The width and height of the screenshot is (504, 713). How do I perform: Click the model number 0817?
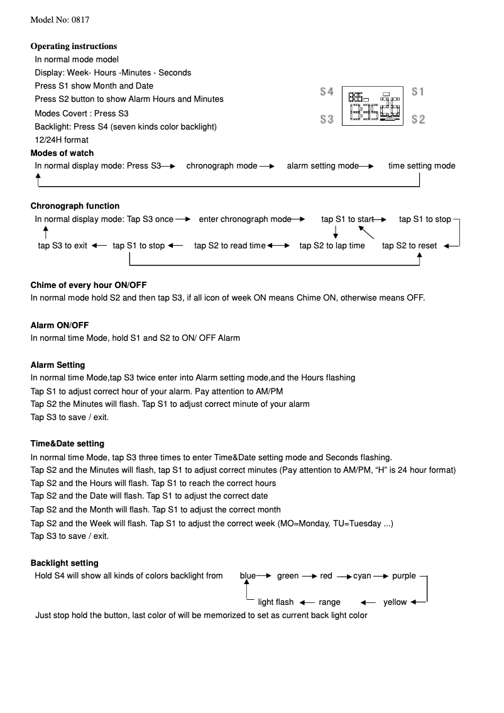click(x=80, y=19)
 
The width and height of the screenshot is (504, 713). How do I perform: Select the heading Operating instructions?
click(x=74, y=46)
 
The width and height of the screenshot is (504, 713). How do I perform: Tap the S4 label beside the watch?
click(x=326, y=92)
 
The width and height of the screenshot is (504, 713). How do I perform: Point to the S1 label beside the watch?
click(x=418, y=92)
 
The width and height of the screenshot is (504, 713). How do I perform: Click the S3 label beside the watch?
click(x=326, y=119)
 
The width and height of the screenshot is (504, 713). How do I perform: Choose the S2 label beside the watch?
click(x=418, y=119)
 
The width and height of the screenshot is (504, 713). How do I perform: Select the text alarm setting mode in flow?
click(x=322, y=166)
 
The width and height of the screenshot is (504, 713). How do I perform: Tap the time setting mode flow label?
click(x=421, y=166)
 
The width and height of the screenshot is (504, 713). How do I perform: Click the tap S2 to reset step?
click(x=409, y=246)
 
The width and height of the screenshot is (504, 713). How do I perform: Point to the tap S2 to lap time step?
click(x=332, y=246)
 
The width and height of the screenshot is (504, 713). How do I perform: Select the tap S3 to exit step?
click(x=62, y=246)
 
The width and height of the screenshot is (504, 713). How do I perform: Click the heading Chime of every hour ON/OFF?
click(x=89, y=285)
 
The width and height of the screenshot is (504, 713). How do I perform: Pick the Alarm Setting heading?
click(x=58, y=365)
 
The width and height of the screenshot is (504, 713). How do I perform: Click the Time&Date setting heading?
click(x=67, y=444)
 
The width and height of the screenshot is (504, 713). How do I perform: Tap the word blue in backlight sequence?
click(x=248, y=576)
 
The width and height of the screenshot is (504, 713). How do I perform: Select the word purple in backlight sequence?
click(x=404, y=576)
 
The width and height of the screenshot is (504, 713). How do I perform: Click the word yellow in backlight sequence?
click(x=395, y=602)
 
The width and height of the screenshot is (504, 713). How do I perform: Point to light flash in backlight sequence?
click(x=275, y=602)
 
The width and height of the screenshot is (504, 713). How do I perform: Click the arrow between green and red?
click(x=309, y=577)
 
